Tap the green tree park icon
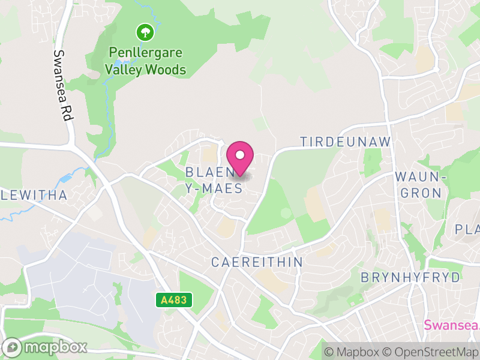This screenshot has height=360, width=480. [x=145, y=31]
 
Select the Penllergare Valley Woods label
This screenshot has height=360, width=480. [x=145, y=61]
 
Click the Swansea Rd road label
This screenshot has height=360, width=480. [x=62, y=86]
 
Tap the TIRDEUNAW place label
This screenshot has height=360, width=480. [x=345, y=142]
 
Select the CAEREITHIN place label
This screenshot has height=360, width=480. [x=257, y=263]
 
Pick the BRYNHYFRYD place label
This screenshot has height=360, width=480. [x=410, y=278]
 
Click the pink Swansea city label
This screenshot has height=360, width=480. [x=452, y=325]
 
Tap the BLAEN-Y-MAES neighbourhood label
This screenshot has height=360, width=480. [x=214, y=180]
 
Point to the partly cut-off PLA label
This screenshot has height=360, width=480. [x=467, y=229]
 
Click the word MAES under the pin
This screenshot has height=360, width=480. [x=221, y=188]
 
